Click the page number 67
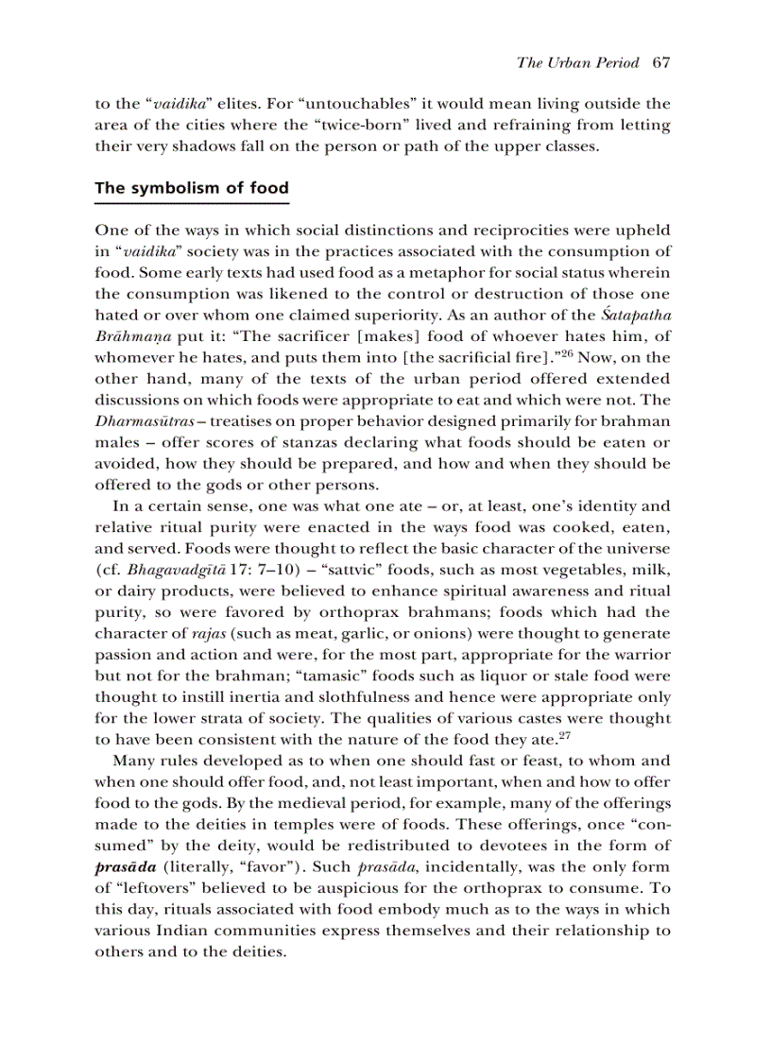coord(660,63)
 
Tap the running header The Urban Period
coord(579,63)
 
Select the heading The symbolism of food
coord(191,188)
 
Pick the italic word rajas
coord(186,633)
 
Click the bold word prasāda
coord(126,866)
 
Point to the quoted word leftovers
coord(154,888)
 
